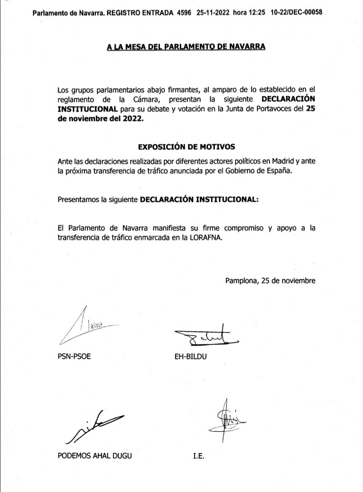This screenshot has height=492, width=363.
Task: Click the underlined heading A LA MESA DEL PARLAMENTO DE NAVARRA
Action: [x=186, y=47]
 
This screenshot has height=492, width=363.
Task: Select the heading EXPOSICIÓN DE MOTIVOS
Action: [x=187, y=147]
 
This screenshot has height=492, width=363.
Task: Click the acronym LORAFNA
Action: [x=206, y=238]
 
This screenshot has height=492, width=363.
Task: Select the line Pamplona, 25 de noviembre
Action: [x=270, y=280]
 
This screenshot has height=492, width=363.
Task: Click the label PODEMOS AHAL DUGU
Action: [x=92, y=457]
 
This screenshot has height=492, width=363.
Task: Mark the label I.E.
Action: [x=198, y=457]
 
